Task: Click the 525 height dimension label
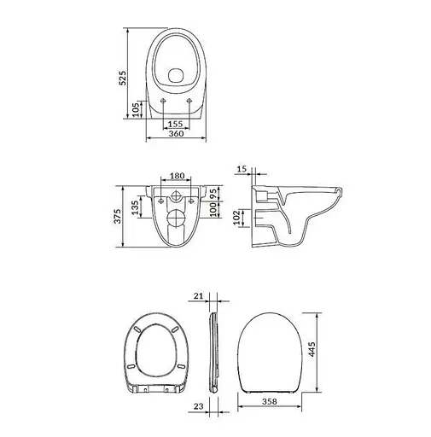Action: point(122,78)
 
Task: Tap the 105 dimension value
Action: point(137,109)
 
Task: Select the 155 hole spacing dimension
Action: point(175,124)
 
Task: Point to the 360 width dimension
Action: point(176,133)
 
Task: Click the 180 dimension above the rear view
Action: point(177,176)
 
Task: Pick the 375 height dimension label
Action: point(118,216)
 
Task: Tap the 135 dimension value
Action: point(136,207)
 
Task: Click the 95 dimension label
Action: point(213,194)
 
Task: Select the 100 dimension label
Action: point(213,209)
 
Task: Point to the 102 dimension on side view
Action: point(238,218)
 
